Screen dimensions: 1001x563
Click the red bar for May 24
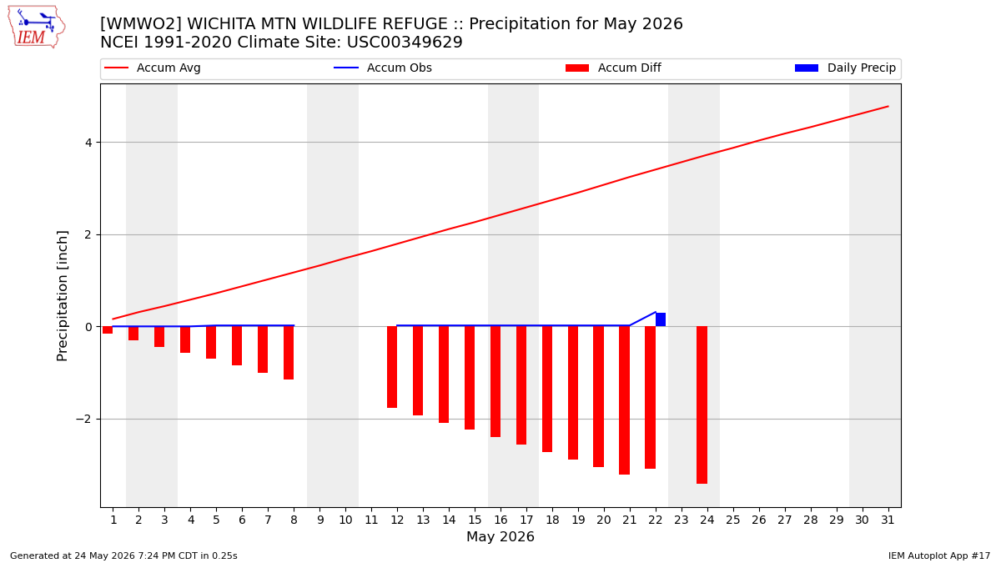point(702,405)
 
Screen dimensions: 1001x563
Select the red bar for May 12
point(392,367)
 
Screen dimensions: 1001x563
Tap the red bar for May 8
point(289,353)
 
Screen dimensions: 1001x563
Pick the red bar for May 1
point(108,329)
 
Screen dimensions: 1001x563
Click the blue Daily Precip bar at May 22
point(661,319)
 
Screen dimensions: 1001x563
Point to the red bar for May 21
point(624,400)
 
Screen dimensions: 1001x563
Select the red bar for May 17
point(521,385)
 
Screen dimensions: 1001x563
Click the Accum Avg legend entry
point(153,68)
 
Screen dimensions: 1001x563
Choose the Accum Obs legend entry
point(383,68)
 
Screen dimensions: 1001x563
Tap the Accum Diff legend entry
point(613,68)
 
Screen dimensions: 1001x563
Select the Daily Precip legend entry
point(845,68)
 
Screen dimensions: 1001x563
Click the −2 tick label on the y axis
point(83,419)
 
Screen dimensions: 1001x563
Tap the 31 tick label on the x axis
point(888,520)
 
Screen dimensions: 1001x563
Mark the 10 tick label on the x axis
point(345,520)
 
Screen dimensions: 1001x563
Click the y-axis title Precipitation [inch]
point(62,296)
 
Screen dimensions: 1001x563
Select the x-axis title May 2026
point(500,536)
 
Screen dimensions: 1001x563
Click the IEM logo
point(36,28)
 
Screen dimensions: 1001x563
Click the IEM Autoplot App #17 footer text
point(939,555)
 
